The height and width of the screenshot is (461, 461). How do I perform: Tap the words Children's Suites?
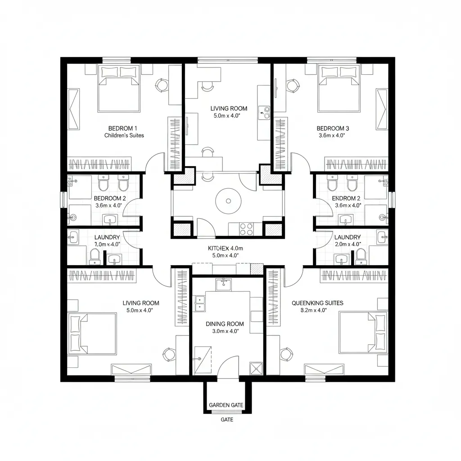click(124, 135)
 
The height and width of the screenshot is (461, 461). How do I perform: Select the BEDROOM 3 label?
click(333, 128)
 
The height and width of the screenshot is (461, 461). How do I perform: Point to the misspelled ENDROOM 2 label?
click(346, 198)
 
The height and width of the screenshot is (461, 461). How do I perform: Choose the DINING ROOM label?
click(225, 324)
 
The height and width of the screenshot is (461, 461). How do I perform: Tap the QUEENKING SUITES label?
click(317, 303)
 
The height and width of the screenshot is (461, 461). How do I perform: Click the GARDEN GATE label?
click(226, 405)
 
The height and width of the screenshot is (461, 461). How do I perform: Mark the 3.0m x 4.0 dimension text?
click(225, 331)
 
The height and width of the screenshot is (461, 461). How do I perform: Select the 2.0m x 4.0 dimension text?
click(348, 244)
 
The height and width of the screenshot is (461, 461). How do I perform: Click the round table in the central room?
click(227, 200)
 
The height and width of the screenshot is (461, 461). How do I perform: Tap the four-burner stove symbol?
click(246, 229)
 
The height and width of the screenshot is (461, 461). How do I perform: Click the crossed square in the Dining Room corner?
click(256, 368)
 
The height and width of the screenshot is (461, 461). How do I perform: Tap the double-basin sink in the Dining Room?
click(200, 303)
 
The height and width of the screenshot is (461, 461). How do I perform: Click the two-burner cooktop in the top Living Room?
click(264, 112)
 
